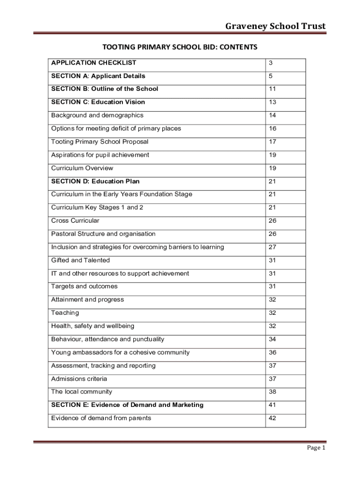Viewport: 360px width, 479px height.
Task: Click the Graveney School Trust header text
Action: pos(275,26)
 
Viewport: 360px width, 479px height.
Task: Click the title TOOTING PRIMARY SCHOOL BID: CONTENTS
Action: pos(180,47)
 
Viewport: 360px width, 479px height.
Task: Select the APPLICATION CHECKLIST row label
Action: pos(94,63)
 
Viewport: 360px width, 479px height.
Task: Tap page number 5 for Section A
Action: pos(270,76)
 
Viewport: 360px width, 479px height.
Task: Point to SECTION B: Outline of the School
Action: pos(105,89)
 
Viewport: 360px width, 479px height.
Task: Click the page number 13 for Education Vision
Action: pos(272,102)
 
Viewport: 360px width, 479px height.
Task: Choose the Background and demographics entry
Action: pos(97,115)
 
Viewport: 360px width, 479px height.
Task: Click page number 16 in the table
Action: pos(272,129)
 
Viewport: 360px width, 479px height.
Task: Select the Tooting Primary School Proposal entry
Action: pos(100,142)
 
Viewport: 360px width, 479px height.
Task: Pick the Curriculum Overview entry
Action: pos(82,168)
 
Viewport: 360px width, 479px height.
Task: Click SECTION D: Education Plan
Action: pos(95,181)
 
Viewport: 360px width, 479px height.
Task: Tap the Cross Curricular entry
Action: pos(75,220)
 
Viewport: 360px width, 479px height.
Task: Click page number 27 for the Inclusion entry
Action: pos(272,247)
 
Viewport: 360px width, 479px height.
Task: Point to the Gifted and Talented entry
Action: pos(80,260)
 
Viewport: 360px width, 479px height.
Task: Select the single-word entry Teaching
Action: pos(65,312)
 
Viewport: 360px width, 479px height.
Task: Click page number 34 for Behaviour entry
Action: pos(272,339)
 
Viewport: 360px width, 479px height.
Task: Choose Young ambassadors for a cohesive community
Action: pos(120,352)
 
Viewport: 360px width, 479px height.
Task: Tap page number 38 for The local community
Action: pos(272,392)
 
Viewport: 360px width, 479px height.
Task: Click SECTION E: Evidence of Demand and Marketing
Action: pos(127,405)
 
